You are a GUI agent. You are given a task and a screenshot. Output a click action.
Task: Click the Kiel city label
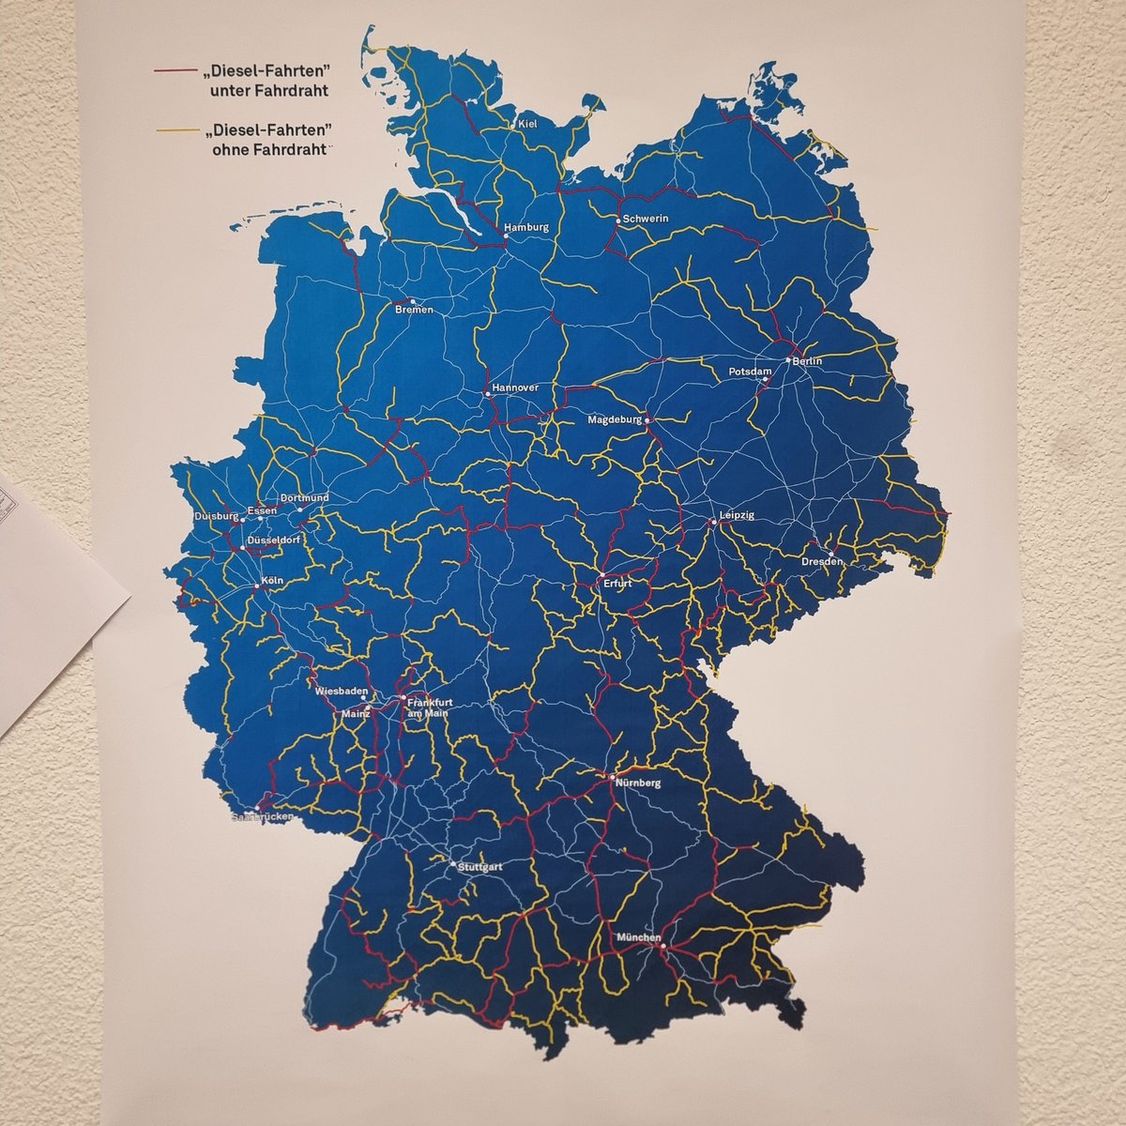(x=528, y=124)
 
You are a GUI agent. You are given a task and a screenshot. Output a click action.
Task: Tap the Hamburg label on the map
(x=525, y=228)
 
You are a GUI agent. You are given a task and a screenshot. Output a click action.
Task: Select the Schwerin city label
(x=645, y=219)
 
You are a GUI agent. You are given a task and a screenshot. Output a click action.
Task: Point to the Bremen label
(x=415, y=311)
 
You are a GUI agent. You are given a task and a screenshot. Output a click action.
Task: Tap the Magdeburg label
(x=614, y=420)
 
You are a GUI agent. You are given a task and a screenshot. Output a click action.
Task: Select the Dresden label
(x=822, y=561)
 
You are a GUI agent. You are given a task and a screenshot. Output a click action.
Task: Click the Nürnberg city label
(x=640, y=783)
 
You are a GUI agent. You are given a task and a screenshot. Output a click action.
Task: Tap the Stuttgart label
(x=479, y=867)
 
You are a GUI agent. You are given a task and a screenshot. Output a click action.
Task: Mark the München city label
(x=639, y=937)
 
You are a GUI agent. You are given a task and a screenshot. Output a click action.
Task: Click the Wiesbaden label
(x=338, y=691)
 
